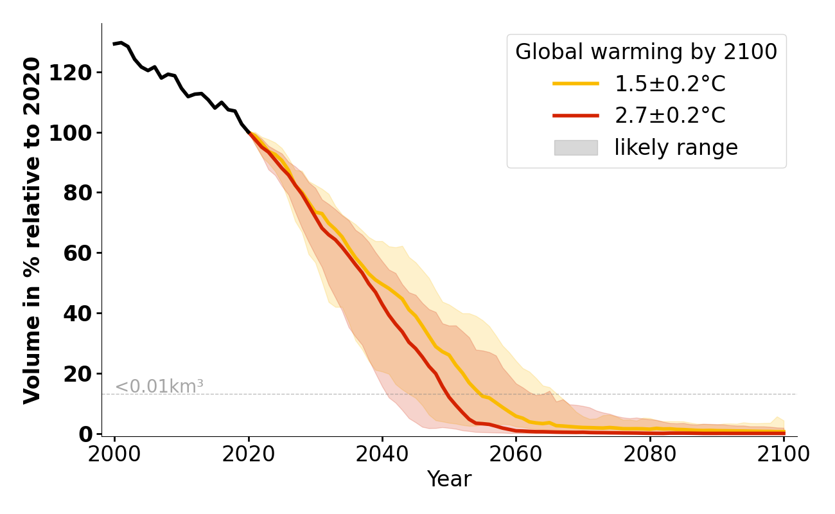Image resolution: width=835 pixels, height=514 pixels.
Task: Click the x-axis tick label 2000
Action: pyautogui.click(x=115, y=454)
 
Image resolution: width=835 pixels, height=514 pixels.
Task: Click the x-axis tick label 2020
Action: pyautogui.click(x=249, y=454)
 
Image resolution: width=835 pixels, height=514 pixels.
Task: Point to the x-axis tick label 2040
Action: pyautogui.click(x=382, y=454)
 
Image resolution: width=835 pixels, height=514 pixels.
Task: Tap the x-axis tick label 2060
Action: pyautogui.click(x=516, y=454)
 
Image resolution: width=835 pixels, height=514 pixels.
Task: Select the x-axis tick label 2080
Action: pyautogui.click(x=649, y=454)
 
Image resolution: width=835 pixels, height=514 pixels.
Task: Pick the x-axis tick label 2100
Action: pyautogui.click(x=783, y=454)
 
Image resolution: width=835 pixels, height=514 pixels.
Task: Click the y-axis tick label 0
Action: pyautogui.click(x=85, y=434)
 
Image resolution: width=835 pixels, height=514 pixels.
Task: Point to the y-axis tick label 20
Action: pyautogui.click(x=77, y=374)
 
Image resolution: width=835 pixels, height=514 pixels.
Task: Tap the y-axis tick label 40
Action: pyautogui.click(x=77, y=314)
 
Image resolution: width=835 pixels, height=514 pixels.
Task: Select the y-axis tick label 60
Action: pyautogui.click(x=77, y=253)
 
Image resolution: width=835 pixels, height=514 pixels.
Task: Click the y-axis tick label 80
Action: pyautogui.click(x=77, y=193)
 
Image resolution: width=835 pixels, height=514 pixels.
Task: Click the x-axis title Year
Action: pyautogui.click(x=449, y=479)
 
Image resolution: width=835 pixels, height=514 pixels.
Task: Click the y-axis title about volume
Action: pyautogui.click(x=33, y=230)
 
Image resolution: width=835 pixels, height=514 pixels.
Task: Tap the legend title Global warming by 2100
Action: pyautogui.click(x=646, y=52)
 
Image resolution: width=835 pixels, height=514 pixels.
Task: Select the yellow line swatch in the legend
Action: pyautogui.click(x=576, y=84)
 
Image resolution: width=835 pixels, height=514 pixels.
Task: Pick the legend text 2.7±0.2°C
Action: pyautogui.click(x=670, y=116)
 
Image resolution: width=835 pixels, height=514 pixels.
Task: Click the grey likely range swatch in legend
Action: pyautogui.click(x=576, y=148)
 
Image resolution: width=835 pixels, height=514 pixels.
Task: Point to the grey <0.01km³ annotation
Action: pyautogui.click(x=159, y=387)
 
